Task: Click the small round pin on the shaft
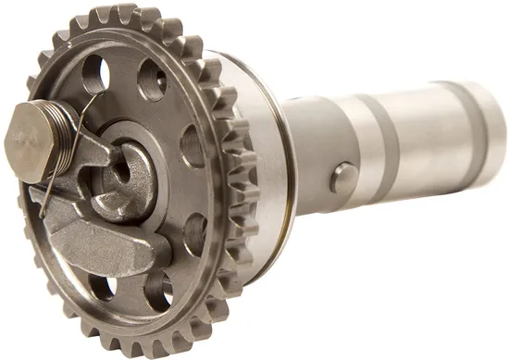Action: pyautogui.click(x=344, y=173)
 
